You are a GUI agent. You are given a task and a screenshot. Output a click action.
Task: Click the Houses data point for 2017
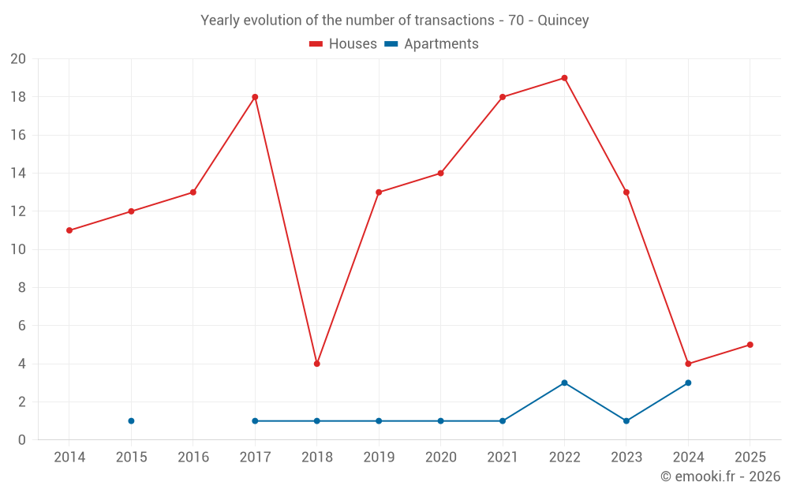[x=255, y=97]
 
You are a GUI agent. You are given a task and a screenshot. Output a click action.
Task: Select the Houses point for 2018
[x=316, y=364]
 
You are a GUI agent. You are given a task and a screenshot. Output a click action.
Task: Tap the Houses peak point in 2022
[x=564, y=78]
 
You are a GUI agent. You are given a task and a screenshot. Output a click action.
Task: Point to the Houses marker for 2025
[x=750, y=345]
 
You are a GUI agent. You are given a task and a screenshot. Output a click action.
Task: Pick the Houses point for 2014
[x=69, y=230]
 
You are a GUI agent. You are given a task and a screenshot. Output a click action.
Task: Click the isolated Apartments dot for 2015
[x=131, y=420]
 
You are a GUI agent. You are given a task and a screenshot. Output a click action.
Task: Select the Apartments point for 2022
[x=564, y=383]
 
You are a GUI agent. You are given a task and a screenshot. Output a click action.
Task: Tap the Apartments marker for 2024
[x=688, y=383]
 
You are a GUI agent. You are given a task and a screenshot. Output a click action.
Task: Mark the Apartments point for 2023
[x=626, y=420]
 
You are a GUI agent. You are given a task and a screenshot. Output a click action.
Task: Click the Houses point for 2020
[x=440, y=174]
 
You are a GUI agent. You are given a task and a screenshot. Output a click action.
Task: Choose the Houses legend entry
[x=343, y=44]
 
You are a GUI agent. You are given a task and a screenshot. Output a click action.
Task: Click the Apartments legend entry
[x=432, y=44]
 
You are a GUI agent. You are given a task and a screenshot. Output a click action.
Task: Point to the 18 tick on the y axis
[x=18, y=97]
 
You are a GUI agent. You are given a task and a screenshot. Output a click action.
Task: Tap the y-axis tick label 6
[x=22, y=326]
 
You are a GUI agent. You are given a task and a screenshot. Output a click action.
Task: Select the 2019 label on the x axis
[x=379, y=457]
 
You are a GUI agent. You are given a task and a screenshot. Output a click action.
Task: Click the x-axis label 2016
[x=193, y=457]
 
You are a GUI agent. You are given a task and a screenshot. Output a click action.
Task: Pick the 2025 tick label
[x=750, y=457]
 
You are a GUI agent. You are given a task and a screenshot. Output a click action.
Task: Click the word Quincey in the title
[x=563, y=21]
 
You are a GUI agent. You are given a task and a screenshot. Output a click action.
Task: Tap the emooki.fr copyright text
[x=720, y=476]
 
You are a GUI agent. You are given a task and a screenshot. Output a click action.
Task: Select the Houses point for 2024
[x=688, y=364]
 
